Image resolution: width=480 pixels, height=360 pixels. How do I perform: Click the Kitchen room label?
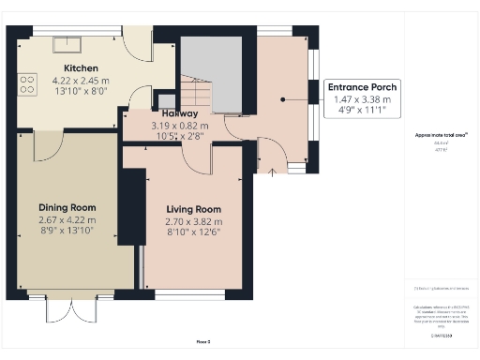pyautogui.click(x=82, y=68)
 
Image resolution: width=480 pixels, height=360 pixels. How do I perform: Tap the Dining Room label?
pyautogui.click(x=67, y=207)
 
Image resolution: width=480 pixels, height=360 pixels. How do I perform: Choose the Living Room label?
pyautogui.click(x=193, y=209)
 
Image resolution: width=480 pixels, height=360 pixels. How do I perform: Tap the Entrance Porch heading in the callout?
pyautogui.click(x=361, y=87)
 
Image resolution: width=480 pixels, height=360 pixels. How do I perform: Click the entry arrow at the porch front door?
pyautogui.click(x=272, y=172)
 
